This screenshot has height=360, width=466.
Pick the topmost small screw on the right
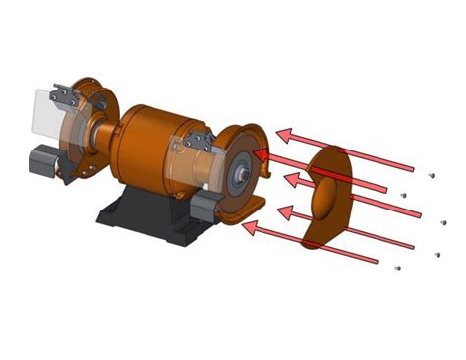[x=431, y=174]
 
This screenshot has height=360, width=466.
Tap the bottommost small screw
[x=396, y=267]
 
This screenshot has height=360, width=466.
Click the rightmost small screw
[x=443, y=222]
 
